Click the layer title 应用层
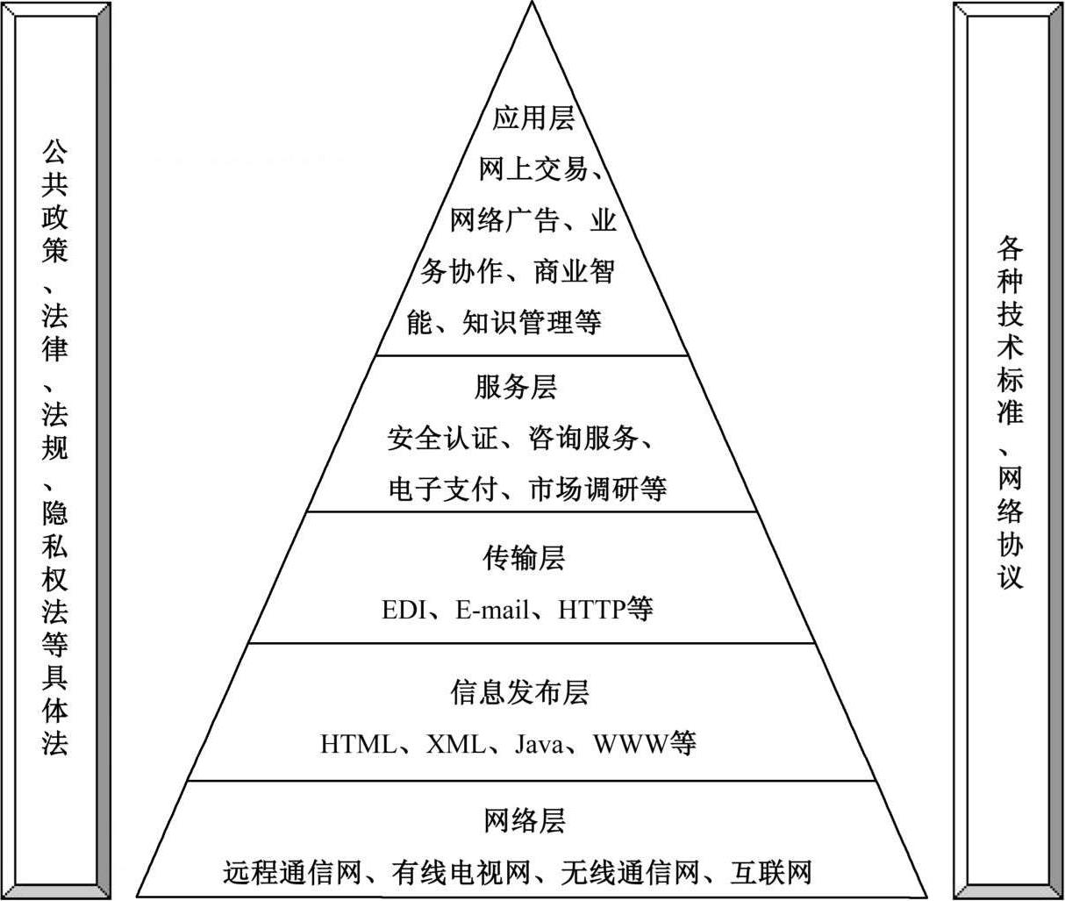(532, 118)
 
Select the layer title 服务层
(516, 387)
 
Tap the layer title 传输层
(524, 558)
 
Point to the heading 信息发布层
(519, 692)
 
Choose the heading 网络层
(525, 821)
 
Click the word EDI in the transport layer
(403, 610)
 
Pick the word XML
(455, 745)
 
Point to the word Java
(539, 745)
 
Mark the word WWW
(630, 745)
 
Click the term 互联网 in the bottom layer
(771, 873)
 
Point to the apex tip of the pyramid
(532, 4)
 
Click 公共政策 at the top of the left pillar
(54, 202)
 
